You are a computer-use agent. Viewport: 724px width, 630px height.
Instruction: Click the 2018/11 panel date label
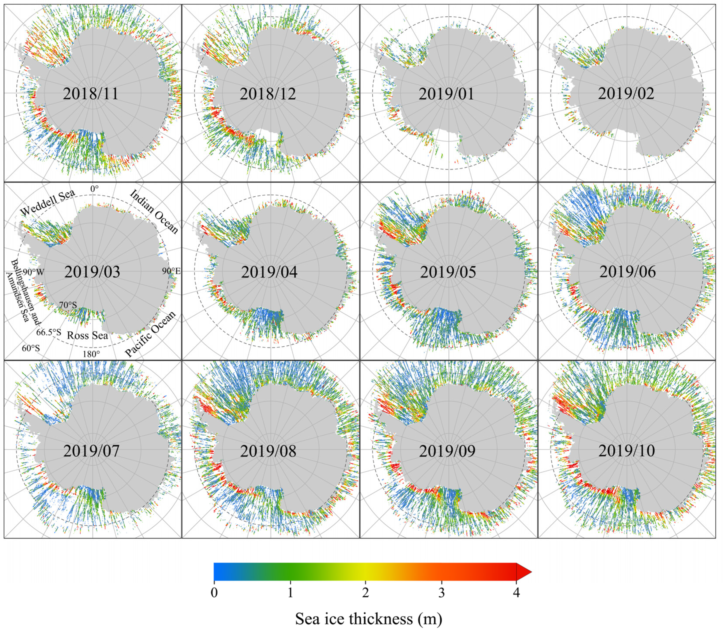click(91, 94)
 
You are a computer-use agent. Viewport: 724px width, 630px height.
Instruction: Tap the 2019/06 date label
click(628, 272)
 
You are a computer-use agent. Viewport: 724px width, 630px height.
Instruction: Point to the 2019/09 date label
click(447, 451)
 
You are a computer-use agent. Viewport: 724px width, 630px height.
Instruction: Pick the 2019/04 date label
click(269, 272)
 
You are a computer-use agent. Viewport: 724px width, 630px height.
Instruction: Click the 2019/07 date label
click(92, 451)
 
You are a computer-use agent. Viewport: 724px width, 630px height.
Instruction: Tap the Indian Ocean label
click(154, 212)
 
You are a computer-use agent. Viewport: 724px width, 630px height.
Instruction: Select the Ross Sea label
click(88, 336)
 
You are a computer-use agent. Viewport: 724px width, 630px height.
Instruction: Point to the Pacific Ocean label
click(150, 334)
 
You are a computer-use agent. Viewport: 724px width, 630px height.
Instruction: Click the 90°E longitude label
click(171, 271)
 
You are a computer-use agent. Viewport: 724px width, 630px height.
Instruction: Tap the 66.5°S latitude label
click(49, 332)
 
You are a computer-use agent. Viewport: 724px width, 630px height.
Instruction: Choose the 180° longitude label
click(91, 354)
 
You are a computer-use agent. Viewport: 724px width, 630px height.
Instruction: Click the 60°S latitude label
click(31, 348)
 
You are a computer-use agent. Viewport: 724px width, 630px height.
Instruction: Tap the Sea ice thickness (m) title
click(368, 618)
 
